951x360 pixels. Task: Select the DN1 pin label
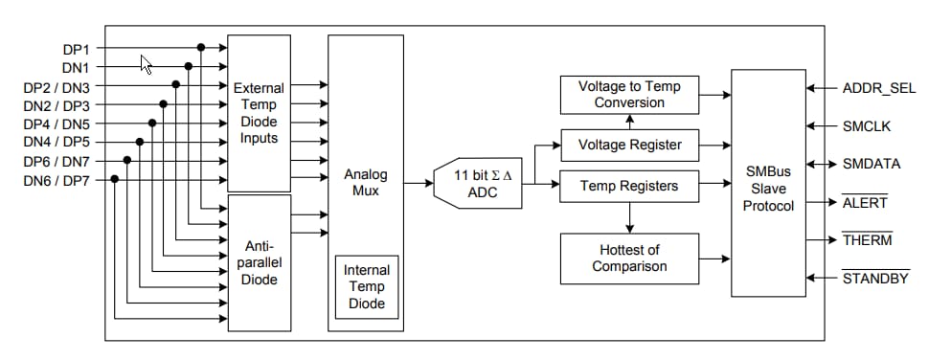75,67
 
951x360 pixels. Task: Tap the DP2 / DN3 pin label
57,86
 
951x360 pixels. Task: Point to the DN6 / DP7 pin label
57,179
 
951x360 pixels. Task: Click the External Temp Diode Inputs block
259,113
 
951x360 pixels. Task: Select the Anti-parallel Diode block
259,262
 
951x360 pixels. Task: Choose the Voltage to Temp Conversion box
629,94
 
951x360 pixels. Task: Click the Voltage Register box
629,145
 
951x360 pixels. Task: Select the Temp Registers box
629,186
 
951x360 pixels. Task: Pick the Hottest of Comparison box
629,258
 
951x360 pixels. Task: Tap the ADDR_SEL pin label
878,88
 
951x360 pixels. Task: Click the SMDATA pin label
872,164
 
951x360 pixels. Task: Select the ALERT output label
865,202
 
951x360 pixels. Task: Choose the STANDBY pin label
875,279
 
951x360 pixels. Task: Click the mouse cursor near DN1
147,64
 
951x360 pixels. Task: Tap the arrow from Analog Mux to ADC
419,182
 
